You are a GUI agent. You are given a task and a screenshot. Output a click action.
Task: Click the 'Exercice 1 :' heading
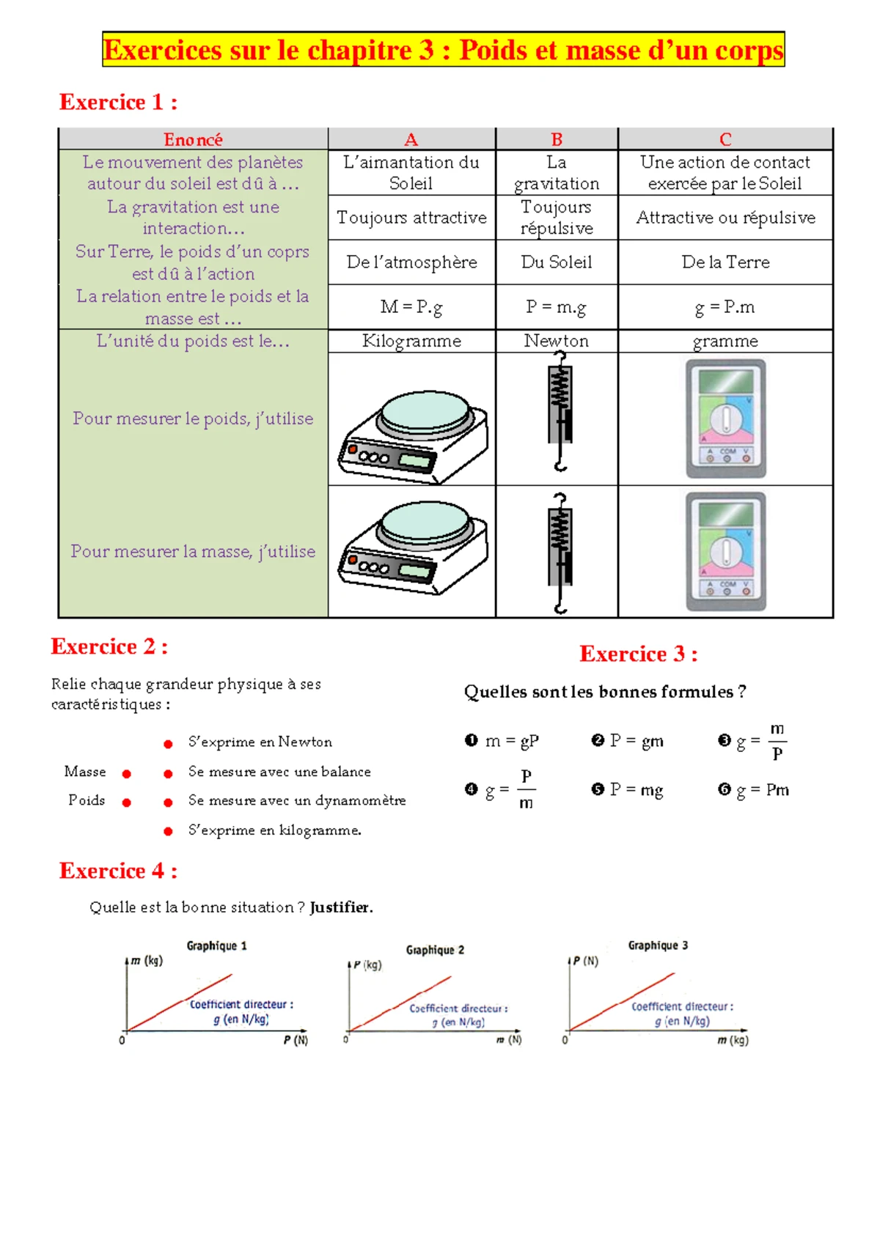pyautogui.click(x=117, y=102)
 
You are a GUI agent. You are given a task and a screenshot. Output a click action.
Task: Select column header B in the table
pyautogui.click(x=557, y=139)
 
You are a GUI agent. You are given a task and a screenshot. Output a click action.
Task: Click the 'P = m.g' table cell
pyautogui.click(x=556, y=307)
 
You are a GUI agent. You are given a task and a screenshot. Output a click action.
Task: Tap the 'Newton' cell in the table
pyautogui.click(x=556, y=341)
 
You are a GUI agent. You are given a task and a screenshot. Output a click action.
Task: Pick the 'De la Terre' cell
pyautogui.click(x=725, y=262)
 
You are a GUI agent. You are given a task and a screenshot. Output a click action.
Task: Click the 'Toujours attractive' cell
pyautogui.click(x=411, y=218)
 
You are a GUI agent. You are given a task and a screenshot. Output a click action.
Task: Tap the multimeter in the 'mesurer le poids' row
pyautogui.click(x=726, y=418)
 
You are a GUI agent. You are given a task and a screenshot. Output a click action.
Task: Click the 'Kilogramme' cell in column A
pyautogui.click(x=411, y=341)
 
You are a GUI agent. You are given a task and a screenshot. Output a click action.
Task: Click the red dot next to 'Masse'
pyautogui.click(x=127, y=774)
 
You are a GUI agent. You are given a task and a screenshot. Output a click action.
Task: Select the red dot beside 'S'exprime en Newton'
pyautogui.click(x=168, y=744)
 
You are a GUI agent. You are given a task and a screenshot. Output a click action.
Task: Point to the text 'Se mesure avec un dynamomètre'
pyautogui.click(x=297, y=800)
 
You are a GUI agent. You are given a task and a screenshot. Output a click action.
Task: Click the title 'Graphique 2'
pyautogui.click(x=435, y=950)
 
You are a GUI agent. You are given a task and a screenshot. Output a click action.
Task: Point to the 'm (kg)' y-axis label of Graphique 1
pyautogui.click(x=147, y=961)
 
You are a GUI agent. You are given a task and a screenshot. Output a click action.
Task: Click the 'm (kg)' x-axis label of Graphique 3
pyautogui.click(x=733, y=1040)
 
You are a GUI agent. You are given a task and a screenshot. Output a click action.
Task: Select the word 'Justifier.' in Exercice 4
pyautogui.click(x=341, y=907)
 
